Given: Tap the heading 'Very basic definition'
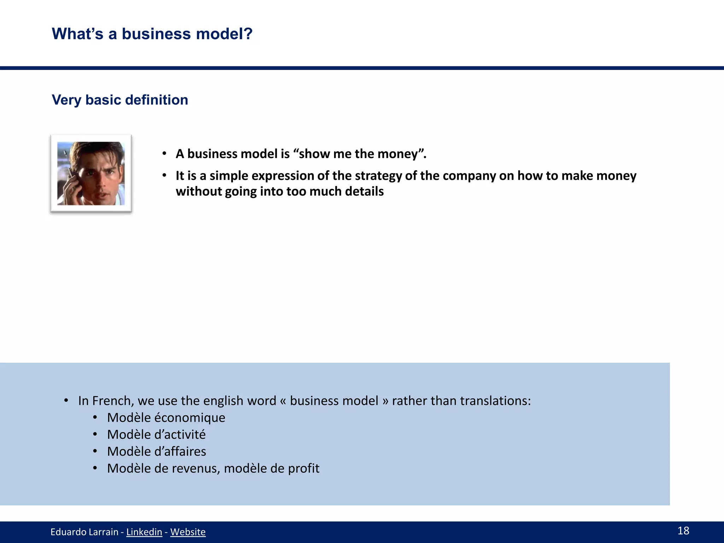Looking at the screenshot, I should (x=120, y=100).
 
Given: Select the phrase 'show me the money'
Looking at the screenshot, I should (x=358, y=154).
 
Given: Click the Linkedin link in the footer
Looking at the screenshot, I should (x=144, y=532).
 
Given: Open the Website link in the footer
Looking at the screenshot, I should (x=188, y=532).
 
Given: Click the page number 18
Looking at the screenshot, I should (x=683, y=531).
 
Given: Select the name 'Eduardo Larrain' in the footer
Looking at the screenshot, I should (x=84, y=532).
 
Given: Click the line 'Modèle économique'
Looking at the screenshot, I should (x=166, y=418).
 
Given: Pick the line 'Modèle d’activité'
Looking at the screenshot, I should (x=156, y=434).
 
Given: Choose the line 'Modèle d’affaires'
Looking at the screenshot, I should (x=157, y=451).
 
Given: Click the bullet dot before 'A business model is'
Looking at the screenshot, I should (x=164, y=154).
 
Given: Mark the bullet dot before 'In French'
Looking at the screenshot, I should (x=66, y=401).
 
